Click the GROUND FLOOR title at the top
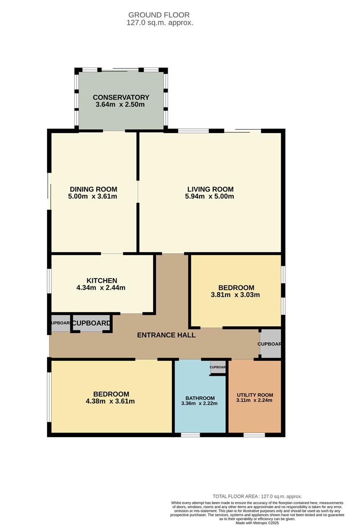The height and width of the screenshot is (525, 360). coord(159,15)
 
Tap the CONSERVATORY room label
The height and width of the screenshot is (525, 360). coord(121,97)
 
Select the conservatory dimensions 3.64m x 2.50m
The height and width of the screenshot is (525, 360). coord(121,105)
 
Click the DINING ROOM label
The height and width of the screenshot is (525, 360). coord(93,189)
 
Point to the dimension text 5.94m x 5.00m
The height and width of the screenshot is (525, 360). coord(210,196)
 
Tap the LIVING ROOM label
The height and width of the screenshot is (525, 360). coord(210,189)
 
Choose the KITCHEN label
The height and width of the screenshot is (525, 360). coord(102,280)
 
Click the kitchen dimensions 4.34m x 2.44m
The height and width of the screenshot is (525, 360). coord(102,288)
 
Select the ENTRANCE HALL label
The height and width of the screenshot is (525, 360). coord(166,335)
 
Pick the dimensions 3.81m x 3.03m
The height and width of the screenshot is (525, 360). coord(235,295)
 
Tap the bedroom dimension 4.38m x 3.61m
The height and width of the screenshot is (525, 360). coord(111,401)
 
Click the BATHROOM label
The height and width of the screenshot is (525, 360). coord(199,397)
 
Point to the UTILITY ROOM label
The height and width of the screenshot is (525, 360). coord(255,395)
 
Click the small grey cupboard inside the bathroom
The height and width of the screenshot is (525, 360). coord(218,367)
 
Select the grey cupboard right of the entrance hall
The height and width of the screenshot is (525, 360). coord(270,344)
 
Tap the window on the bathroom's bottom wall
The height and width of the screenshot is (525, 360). coord(190,435)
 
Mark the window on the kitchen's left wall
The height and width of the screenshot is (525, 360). coord(49,281)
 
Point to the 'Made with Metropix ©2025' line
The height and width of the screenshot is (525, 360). coord(257,522)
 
